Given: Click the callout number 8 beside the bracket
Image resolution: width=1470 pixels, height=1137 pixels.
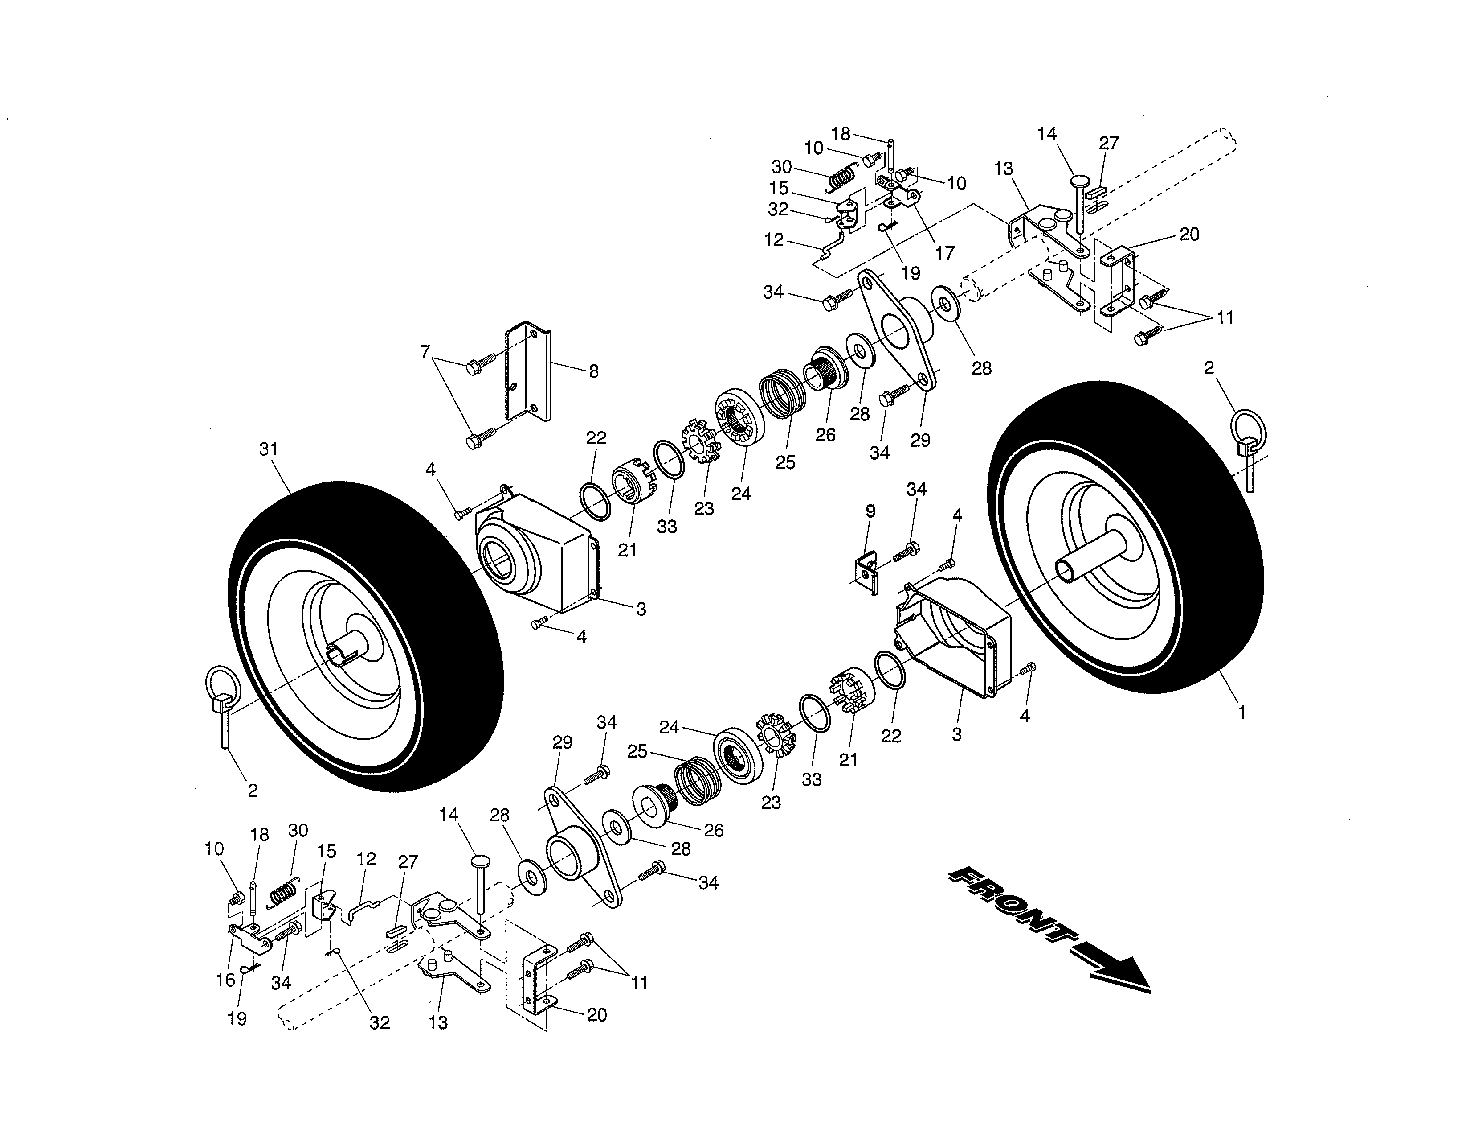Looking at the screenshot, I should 593,371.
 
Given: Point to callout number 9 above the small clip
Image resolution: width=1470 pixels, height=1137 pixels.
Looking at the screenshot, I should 870,511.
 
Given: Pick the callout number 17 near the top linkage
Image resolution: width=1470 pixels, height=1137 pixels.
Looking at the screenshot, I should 945,253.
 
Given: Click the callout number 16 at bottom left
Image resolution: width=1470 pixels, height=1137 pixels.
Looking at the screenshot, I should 225,980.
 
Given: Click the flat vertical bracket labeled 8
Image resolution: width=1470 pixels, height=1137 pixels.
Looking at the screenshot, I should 528,372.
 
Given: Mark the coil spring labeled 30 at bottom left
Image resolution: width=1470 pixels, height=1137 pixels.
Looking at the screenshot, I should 283,893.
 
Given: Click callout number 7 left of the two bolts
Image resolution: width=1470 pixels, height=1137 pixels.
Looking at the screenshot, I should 425,352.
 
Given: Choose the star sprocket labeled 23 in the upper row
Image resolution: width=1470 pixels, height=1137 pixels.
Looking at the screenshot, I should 700,441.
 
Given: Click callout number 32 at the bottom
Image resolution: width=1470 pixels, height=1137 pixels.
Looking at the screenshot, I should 380,1022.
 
